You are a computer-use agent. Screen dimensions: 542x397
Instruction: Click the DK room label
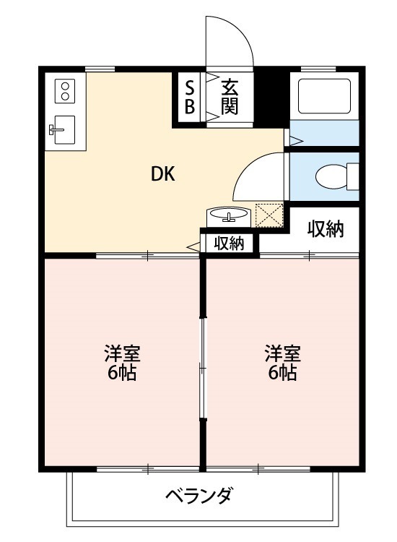click(x=163, y=174)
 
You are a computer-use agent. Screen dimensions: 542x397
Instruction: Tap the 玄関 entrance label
click(x=230, y=97)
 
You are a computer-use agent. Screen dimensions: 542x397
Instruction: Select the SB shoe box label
click(x=190, y=97)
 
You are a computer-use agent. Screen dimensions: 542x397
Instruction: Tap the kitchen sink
click(x=62, y=130)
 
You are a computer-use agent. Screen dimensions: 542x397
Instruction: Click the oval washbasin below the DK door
click(x=228, y=215)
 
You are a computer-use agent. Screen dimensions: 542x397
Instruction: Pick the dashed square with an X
click(x=269, y=215)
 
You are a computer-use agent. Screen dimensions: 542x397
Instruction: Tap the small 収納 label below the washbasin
click(x=229, y=244)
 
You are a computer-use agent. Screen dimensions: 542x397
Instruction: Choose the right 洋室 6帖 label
click(x=282, y=363)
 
